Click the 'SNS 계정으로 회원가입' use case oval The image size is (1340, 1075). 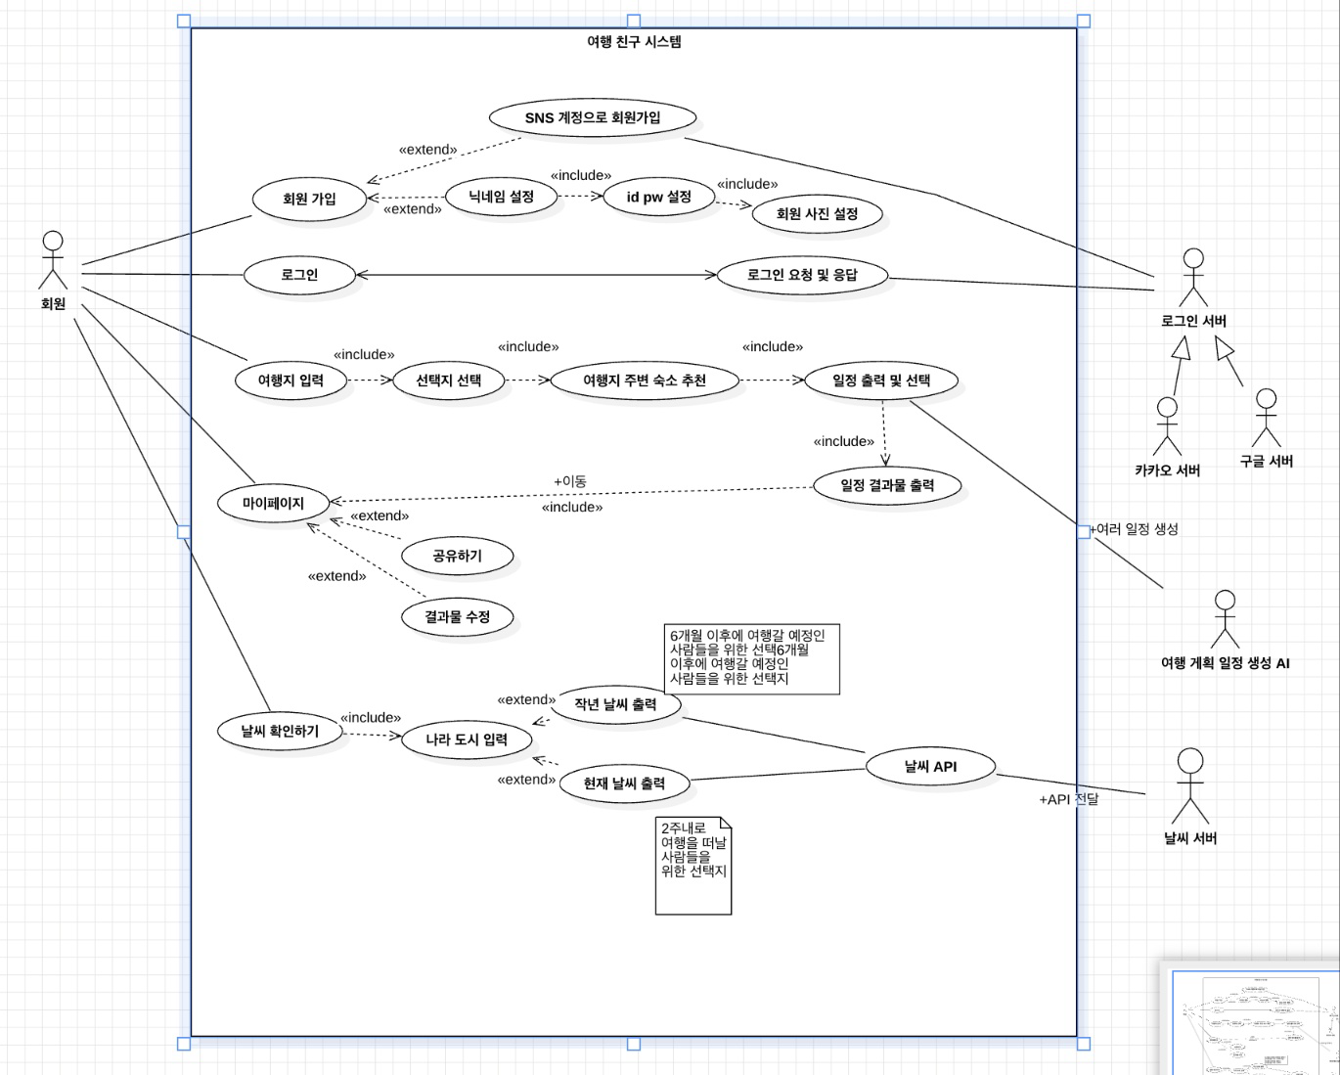tap(593, 117)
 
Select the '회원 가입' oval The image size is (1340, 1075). tap(309, 199)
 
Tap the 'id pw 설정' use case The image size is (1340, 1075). tap(658, 197)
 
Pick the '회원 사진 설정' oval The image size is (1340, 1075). tap(817, 213)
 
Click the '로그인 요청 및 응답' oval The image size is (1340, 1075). tap(802, 275)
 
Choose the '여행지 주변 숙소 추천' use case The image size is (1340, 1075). tap(645, 380)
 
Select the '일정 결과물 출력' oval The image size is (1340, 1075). tap(887, 485)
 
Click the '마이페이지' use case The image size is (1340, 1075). tap(273, 503)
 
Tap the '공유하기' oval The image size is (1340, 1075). tap(457, 556)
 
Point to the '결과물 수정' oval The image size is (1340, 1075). tap(457, 616)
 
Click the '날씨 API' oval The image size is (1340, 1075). tap(930, 766)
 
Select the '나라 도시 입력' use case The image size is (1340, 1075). tap(467, 739)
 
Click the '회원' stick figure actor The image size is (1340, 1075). tap(53, 260)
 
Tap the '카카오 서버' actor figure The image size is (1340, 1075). tap(1167, 426)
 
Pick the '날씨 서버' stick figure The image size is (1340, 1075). tap(1190, 786)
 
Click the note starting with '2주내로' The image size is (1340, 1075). tap(693, 866)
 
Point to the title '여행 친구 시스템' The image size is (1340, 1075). tap(634, 41)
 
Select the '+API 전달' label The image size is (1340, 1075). tap(1068, 799)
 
